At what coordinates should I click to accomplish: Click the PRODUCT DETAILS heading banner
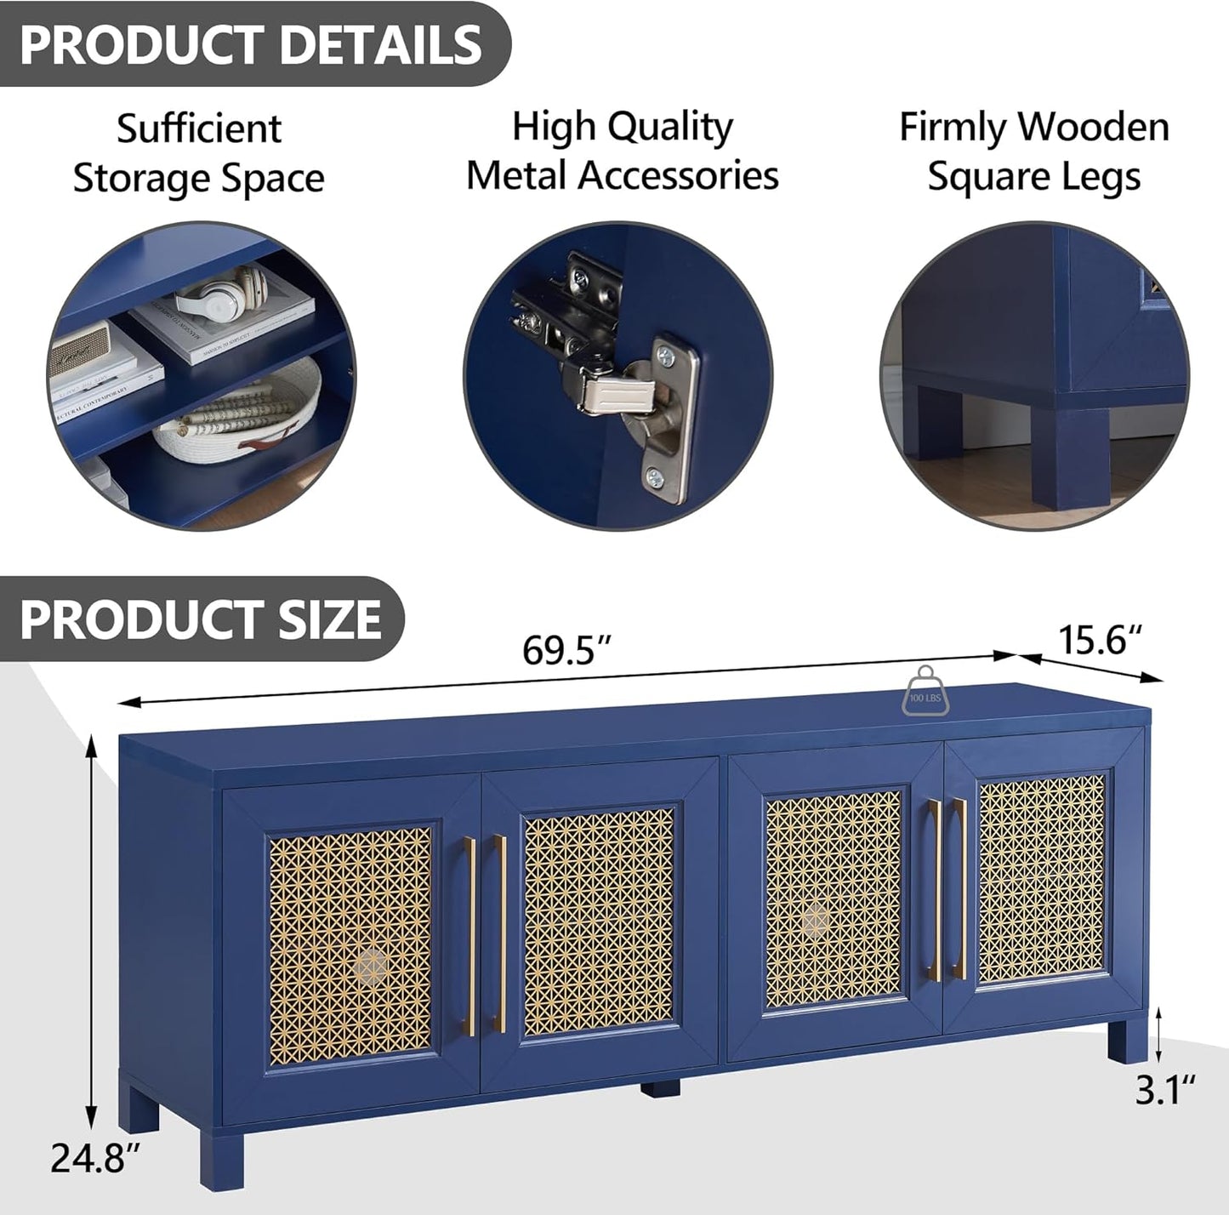[x=251, y=44]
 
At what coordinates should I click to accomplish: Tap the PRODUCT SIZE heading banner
[x=201, y=619]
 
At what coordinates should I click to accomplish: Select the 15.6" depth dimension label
[x=1099, y=640]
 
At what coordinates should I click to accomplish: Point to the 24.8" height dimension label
[x=94, y=1158]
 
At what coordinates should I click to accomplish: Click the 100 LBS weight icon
[x=925, y=690]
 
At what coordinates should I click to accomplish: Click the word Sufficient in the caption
[x=198, y=129]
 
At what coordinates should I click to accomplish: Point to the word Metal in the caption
[x=516, y=176]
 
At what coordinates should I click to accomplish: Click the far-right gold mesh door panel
[x=1042, y=878]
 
